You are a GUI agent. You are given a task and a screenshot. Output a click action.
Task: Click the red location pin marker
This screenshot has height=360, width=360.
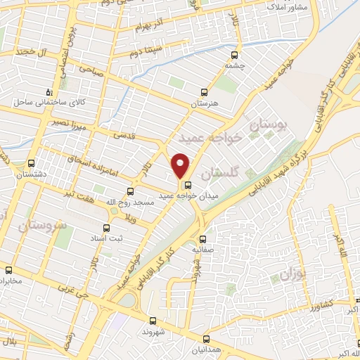tap(181, 165)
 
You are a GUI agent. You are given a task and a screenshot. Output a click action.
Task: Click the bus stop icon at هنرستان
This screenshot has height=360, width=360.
tap(205, 92)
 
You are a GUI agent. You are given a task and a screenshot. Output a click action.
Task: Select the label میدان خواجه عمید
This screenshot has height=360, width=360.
tap(186, 195)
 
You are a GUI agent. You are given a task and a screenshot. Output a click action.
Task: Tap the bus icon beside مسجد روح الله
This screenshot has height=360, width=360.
tap(130, 191)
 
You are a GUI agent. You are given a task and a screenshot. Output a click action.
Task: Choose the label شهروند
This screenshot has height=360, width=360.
tap(153, 330)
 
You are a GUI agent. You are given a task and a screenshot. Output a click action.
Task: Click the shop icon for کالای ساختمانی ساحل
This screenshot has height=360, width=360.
tap(48, 92)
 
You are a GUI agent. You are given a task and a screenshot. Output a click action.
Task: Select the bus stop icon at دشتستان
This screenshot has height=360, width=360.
tap(27, 162)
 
